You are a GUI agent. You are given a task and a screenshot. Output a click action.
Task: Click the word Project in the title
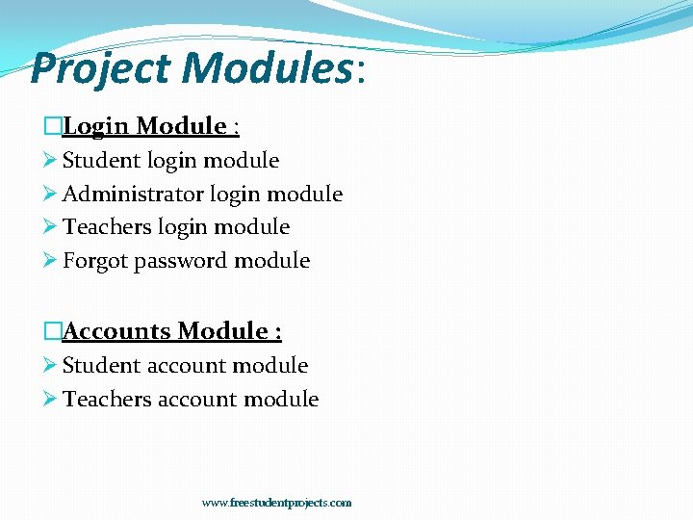click(101, 69)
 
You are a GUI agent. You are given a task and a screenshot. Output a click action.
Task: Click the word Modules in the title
click(266, 69)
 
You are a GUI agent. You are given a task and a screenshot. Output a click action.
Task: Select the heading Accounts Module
click(172, 331)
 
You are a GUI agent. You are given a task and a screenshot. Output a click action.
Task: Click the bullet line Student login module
click(170, 161)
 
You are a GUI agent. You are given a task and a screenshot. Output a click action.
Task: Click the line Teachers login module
click(176, 227)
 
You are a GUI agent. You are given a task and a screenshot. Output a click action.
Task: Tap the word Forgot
click(95, 261)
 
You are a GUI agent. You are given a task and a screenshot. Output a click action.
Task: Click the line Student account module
click(185, 366)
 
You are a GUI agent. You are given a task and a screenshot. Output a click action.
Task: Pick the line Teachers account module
click(191, 400)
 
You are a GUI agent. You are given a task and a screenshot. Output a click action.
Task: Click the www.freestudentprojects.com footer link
click(276, 503)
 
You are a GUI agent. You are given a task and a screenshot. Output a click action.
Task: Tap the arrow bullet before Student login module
click(51, 161)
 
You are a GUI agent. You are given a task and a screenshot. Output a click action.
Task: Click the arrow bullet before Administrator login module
click(51, 195)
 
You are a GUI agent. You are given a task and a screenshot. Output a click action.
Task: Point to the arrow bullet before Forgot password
click(51, 261)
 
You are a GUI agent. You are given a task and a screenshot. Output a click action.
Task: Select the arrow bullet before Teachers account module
click(51, 400)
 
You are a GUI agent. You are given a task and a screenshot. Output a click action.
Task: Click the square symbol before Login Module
click(53, 126)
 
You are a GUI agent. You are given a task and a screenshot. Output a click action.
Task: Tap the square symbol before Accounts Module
click(53, 331)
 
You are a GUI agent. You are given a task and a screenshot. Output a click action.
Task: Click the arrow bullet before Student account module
click(51, 366)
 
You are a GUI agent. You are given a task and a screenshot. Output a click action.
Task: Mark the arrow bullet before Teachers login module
click(51, 227)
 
